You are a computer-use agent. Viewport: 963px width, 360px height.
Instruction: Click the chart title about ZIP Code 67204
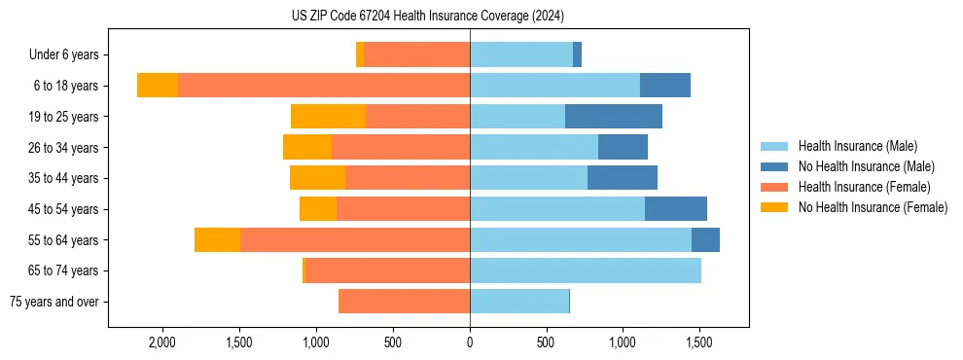pos(428,16)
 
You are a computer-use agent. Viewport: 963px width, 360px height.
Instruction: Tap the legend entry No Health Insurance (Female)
pos(873,207)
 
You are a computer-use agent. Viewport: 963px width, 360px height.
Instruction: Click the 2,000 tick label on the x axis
pos(161,342)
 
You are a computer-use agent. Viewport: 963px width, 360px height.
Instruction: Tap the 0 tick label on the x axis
pos(470,342)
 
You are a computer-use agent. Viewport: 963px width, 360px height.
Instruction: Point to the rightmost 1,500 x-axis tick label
pos(700,342)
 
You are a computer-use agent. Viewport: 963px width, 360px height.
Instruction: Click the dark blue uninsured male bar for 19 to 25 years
pos(613,117)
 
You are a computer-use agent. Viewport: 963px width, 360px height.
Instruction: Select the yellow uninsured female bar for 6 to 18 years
pos(158,86)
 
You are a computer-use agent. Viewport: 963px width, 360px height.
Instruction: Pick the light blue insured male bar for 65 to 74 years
pos(586,270)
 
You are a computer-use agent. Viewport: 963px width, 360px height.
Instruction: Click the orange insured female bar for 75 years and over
pos(404,302)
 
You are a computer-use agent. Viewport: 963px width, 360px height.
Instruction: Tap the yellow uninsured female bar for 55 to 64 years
pos(217,239)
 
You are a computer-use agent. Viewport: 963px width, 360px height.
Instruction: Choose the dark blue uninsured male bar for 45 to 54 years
pos(675,209)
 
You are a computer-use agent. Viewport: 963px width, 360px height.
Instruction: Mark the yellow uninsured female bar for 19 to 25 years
pos(328,117)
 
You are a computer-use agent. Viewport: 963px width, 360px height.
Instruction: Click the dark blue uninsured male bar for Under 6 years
pos(577,55)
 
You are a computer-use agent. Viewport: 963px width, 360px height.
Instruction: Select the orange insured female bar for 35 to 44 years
pos(408,178)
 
